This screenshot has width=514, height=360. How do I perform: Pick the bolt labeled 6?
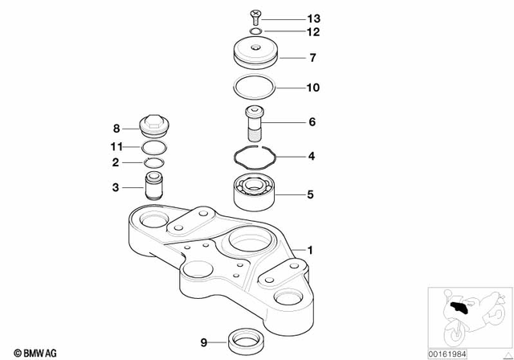255,124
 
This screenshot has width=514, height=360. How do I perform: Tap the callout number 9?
204,342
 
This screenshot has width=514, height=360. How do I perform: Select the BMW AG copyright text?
28,350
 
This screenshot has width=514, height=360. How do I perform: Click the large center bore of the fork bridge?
250,239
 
